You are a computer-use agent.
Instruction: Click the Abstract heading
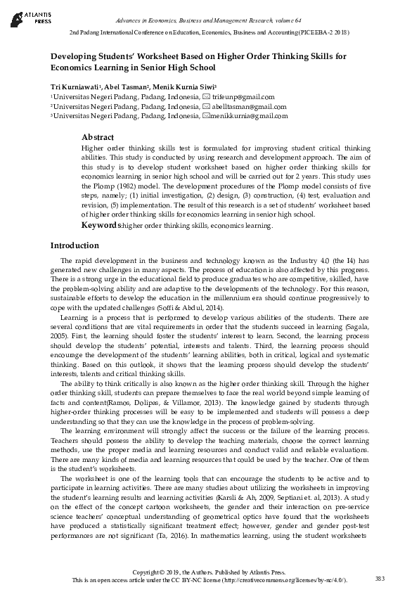pyautogui.click(x=98, y=137)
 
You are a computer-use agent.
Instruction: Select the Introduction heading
pyautogui.click(x=75, y=245)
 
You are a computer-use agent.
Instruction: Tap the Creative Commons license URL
pyautogui.click(x=282, y=579)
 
